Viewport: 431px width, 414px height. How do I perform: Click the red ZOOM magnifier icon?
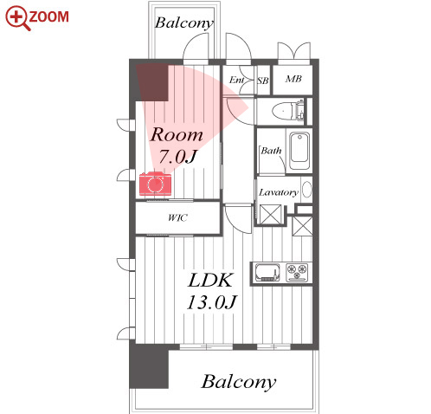[17, 17]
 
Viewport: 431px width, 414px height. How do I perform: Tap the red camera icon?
[156, 184]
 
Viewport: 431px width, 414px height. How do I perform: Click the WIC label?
[177, 217]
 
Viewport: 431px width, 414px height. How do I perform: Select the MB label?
[293, 79]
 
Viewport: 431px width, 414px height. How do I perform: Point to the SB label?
[263, 81]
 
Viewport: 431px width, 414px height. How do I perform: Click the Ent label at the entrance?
[236, 80]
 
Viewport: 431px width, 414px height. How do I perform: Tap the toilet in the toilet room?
[288, 111]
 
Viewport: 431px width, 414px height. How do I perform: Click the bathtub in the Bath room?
[299, 151]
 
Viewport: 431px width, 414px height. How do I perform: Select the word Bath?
[271, 151]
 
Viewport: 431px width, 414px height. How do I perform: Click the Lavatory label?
[279, 192]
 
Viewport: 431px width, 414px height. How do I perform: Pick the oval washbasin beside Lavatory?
[307, 190]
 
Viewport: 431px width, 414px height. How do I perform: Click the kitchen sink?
[267, 272]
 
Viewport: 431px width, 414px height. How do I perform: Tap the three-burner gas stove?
[297, 272]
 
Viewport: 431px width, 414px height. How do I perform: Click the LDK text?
[210, 280]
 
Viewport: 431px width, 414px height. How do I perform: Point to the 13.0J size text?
[212, 302]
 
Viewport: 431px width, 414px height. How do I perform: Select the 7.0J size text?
[177, 157]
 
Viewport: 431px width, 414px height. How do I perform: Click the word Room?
[177, 134]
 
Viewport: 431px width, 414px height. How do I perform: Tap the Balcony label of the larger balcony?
[238, 382]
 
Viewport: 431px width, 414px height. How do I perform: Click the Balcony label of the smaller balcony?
[184, 23]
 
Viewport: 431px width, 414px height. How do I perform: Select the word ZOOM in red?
[48, 16]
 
